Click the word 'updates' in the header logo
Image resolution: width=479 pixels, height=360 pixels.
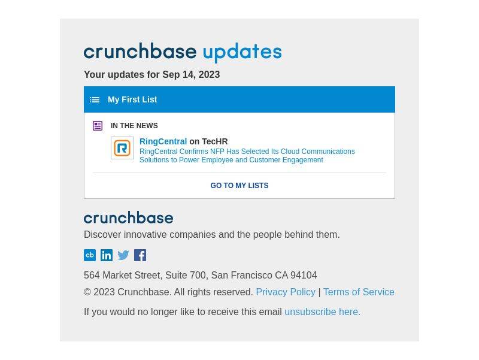click(242, 53)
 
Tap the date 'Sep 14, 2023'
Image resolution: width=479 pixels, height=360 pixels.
click(191, 74)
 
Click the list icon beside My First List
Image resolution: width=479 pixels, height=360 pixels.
click(95, 100)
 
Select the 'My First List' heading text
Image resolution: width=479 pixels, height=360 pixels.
click(132, 99)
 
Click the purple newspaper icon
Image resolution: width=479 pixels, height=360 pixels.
click(98, 126)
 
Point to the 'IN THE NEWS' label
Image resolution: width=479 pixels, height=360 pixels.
click(134, 126)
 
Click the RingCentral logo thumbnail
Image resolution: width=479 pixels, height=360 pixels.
click(122, 148)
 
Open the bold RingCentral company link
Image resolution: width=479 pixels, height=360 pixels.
click(163, 141)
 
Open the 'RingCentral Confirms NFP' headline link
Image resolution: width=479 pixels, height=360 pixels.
click(247, 156)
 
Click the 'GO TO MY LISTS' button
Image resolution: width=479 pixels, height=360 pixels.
click(239, 186)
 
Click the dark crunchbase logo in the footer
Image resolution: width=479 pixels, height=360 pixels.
click(128, 217)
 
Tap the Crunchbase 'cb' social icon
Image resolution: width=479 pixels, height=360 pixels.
click(90, 255)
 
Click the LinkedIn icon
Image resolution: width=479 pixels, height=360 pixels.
click(107, 255)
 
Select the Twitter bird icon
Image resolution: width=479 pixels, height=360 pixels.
click(123, 255)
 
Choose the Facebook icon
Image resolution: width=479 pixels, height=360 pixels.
click(140, 255)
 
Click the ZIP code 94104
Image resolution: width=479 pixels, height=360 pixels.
click(304, 276)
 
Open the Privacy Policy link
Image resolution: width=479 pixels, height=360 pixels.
click(286, 292)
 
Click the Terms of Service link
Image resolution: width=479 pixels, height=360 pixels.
click(359, 292)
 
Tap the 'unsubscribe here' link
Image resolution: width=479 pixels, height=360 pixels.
click(322, 312)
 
